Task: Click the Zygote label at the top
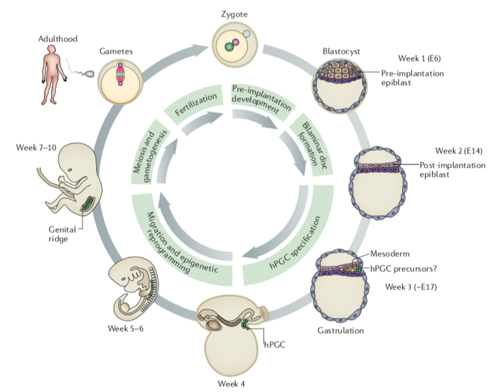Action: tap(234, 14)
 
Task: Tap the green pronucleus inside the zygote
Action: tap(229, 47)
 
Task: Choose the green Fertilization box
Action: tap(195, 105)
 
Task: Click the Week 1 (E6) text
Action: tap(419, 58)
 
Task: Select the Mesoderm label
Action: tap(389, 254)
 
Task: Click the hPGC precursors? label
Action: tap(403, 269)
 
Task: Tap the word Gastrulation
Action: tap(340, 330)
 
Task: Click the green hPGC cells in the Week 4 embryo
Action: tap(244, 325)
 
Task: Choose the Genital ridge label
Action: tap(62, 234)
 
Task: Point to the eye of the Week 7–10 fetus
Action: tap(70, 170)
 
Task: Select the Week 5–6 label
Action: tap(125, 328)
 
